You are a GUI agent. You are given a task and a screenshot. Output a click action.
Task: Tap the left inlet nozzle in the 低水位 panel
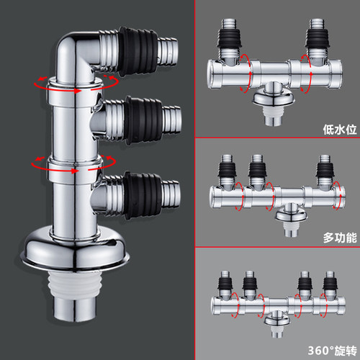click(x=228, y=40)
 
